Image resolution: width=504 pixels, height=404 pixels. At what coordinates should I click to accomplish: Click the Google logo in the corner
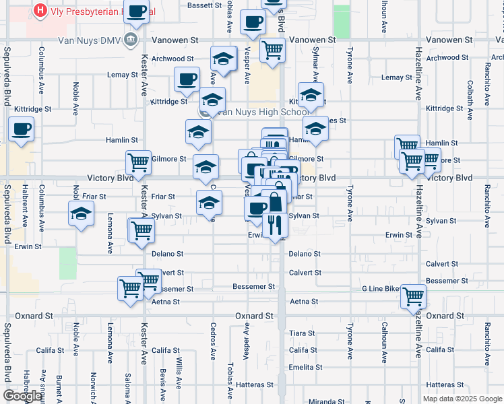pyautogui.click(x=22, y=396)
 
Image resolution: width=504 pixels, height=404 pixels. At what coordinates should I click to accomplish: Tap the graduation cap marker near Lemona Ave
pyautogui.click(x=82, y=215)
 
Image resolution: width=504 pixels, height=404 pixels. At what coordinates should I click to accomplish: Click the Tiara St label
pyautogui.click(x=302, y=333)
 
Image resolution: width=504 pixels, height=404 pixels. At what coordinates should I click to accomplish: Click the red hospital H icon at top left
pyautogui.click(x=40, y=11)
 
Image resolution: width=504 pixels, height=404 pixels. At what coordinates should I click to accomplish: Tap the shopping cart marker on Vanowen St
pyautogui.click(x=272, y=48)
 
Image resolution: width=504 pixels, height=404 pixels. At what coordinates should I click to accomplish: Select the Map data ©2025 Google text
pyautogui.click(x=464, y=399)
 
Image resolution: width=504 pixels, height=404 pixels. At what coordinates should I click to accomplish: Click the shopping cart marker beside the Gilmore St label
pyautogui.click(x=138, y=162)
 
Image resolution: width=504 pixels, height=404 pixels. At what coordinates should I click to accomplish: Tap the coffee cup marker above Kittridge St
pyautogui.click(x=187, y=78)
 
